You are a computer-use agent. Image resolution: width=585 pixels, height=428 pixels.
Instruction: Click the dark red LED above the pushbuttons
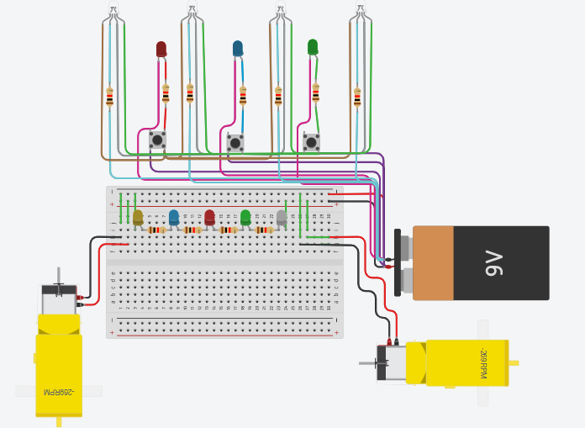pos(161,50)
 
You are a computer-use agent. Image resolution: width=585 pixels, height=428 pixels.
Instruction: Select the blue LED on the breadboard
pos(174,217)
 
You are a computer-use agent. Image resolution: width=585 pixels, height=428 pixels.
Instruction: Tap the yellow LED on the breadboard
pos(138,217)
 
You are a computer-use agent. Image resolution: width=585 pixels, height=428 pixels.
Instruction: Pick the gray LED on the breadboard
pos(282,217)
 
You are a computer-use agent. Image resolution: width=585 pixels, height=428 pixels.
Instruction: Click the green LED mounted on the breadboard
pos(245,217)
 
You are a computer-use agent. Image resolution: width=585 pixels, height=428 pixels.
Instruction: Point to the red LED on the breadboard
pos(209,217)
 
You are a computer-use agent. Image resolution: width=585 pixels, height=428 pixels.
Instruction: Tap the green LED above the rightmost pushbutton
pos(313,47)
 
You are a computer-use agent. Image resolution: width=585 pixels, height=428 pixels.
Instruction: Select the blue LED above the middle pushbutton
pos(238,49)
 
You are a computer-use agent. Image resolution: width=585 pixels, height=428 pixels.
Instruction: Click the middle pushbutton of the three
pos(235,143)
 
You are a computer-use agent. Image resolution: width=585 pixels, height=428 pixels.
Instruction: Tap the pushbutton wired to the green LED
pos(311,142)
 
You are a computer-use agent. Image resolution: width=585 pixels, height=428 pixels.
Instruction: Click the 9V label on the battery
pos(493,263)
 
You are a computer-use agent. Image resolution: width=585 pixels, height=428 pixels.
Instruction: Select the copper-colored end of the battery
pos(433,263)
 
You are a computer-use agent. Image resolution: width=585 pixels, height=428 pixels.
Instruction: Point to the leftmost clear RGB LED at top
pos(113,13)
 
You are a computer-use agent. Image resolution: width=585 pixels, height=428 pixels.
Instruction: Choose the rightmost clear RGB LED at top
pos(360,13)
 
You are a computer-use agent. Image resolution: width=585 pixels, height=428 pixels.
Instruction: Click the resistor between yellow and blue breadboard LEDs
pos(156,230)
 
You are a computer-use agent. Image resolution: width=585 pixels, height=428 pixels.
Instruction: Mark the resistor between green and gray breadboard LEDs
pos(264,230)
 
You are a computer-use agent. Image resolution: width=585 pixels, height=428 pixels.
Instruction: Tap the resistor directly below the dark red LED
pos(166,93)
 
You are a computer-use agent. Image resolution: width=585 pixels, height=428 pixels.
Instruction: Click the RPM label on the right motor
pos(483,363)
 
